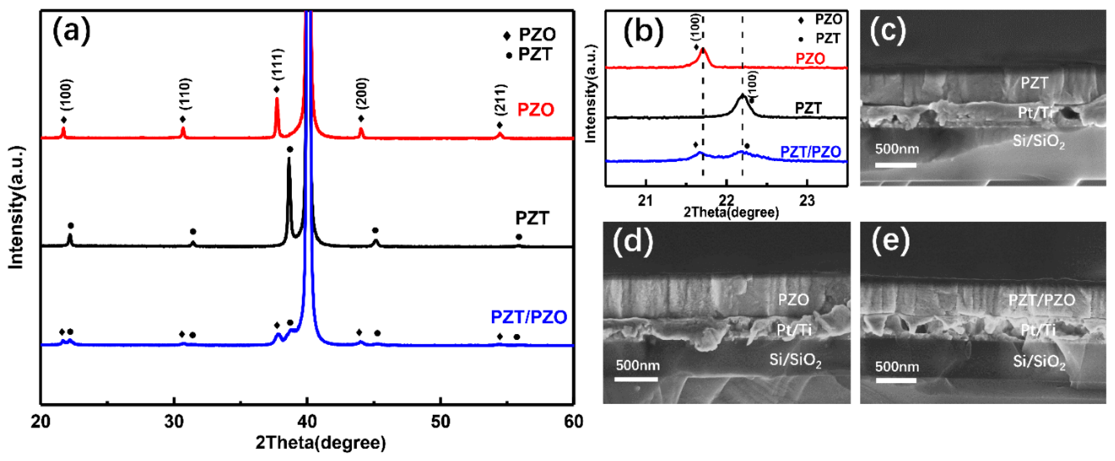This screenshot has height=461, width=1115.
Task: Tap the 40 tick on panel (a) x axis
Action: pyautogui.click(x=307, y=421)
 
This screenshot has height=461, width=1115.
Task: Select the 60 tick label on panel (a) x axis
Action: pyautogui.click(x=573, y=421)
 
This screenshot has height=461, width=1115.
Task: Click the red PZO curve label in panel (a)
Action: pyautogui.click(x=536, y=110)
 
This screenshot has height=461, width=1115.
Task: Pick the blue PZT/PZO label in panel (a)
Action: pyautogui.click(x=528, y=317)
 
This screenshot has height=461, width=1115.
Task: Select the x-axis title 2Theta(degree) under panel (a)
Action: pyautogui.click(x=320, y=443)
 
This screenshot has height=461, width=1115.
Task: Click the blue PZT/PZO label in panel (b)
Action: pyautogui.click(x=810, y=152)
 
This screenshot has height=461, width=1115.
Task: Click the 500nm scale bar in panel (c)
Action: pyautogui.click(x=896, y=165)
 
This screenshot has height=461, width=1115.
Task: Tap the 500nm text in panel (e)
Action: pyautogui.click(x=897, y=367)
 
